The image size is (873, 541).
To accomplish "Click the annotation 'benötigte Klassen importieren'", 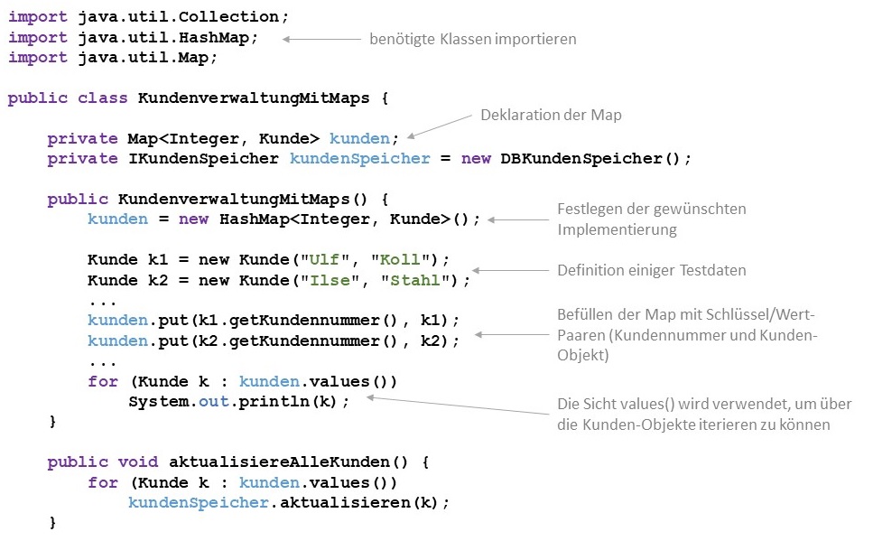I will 472,40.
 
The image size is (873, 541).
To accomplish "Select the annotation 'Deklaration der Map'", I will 551,116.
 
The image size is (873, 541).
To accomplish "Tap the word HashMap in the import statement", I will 224,37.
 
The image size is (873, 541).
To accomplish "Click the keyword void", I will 138,462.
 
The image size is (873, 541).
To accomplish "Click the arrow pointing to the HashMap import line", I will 321,40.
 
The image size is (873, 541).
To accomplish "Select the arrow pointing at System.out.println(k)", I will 456,406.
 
